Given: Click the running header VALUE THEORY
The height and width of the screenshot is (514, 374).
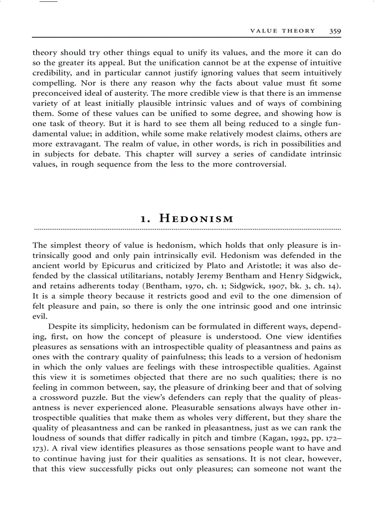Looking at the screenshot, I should pyautogui.click(x=282, y=31).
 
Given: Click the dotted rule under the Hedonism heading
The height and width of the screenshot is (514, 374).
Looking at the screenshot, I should pyautogui.click(x=187, y=227).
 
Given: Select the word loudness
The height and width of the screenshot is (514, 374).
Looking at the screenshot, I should pyautogui.click(x=47, y=428).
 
